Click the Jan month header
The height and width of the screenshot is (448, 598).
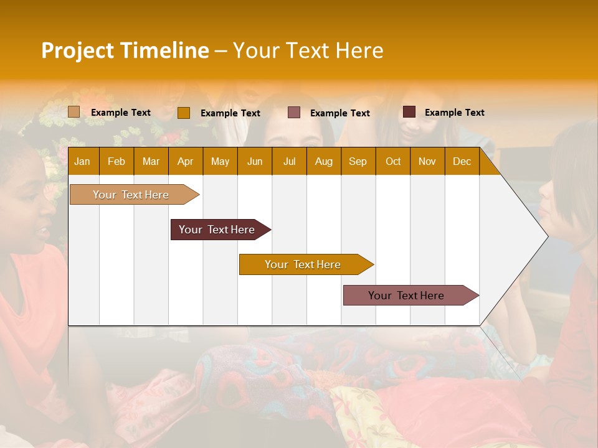tap(82, 161)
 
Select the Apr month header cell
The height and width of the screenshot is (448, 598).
tap(185, 161)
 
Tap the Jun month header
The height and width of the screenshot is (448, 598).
tap(255, 161)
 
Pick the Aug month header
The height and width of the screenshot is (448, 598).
tap(323, 161)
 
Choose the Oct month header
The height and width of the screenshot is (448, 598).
tap(392, 161)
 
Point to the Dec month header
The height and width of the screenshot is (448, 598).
tap(462, 161)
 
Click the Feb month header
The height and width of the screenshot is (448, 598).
tap(116, 161)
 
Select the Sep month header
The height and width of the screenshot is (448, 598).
tap(358, 161)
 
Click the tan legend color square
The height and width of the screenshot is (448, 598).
tap(74, 112)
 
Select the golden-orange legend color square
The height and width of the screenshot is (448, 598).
tap(184, 113)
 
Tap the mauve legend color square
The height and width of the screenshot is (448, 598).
tap(294, 113)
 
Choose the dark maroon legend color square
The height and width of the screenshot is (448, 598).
tap(409, 112)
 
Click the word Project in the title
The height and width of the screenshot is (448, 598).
tap(77, 50)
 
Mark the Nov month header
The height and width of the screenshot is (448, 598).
tap(427, 161)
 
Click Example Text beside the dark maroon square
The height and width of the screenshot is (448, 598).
tap(454, 112)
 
